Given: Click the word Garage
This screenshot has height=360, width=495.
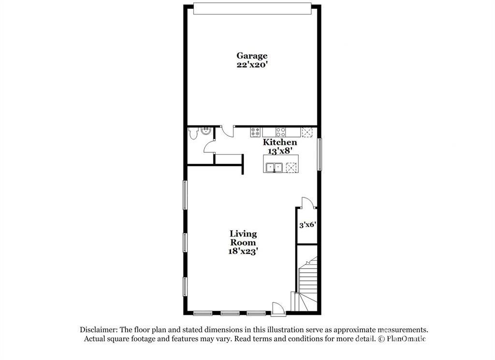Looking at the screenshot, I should (x=251, y=56).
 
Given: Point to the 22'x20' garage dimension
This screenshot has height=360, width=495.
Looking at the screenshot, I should (x=251, y=65).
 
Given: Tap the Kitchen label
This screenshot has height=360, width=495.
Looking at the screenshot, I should (x=279, y=142).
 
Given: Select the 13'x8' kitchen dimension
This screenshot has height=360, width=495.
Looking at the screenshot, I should (x=279, y=151).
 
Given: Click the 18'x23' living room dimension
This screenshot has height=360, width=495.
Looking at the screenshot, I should (x=243, y=251).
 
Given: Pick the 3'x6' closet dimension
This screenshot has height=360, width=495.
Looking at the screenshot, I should (x=307, y=225).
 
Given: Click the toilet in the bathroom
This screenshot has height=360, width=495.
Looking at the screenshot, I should (x=193, y=133).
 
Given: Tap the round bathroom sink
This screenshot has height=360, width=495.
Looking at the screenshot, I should (x=206, y=131).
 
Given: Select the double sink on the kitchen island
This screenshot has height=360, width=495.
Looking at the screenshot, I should (x=275, y=167).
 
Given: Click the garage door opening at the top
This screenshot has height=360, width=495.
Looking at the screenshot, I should (x=251, y=9).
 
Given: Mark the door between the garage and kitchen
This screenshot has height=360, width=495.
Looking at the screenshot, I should (x=227, y=132).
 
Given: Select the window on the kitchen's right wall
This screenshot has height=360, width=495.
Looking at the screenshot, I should (x=319, y=155).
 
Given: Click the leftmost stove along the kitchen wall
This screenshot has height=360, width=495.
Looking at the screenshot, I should (x=256, y=132).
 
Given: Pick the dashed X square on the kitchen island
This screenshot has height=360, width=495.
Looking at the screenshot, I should (x=291, y=167).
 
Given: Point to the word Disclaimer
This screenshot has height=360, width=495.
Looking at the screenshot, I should (x=100, y=330).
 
